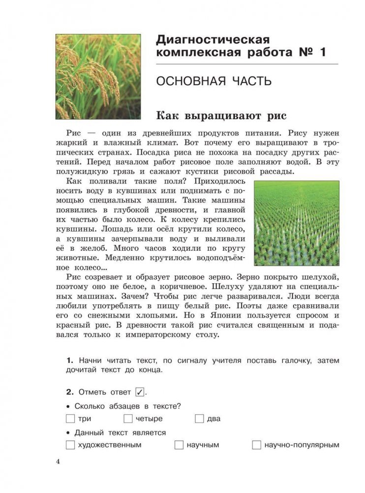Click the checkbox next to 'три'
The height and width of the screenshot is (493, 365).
pos(70,419)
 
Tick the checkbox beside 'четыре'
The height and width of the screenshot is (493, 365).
pos(128,419)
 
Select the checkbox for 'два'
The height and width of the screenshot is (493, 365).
pos(199,419)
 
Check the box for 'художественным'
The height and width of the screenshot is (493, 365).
pos(70,445)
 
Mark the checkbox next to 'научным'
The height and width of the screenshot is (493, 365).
pos(179,445)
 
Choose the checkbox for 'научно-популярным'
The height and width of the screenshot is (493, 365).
pos(256,445)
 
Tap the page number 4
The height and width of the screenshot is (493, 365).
pos(58,462)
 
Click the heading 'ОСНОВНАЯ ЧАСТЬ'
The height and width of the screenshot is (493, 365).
pos(213,82)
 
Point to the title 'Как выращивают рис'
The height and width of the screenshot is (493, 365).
pos(221,116)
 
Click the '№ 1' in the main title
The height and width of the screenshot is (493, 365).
pos(313,53)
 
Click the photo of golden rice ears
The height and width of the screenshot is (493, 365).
pos(97,76)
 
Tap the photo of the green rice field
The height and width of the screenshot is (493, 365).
pos(296,223)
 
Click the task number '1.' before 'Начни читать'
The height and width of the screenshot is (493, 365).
pos(70,361)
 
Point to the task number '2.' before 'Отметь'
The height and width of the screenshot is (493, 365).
pos(70,393)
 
